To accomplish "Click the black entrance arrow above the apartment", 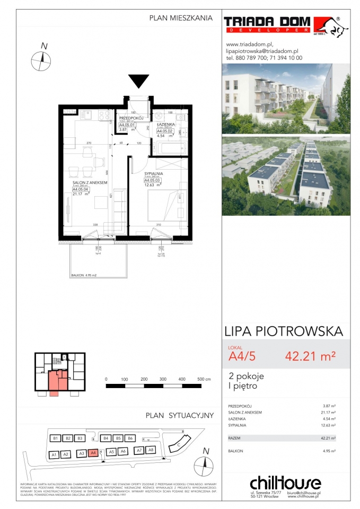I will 139,82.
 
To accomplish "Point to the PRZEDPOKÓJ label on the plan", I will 129,118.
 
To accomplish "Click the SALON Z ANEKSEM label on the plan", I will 90,182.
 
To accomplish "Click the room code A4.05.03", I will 153,180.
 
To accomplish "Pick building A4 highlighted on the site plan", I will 93,453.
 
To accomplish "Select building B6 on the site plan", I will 130,438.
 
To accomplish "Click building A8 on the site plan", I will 151,450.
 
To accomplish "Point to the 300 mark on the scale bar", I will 163,380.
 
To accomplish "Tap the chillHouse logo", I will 285,483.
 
